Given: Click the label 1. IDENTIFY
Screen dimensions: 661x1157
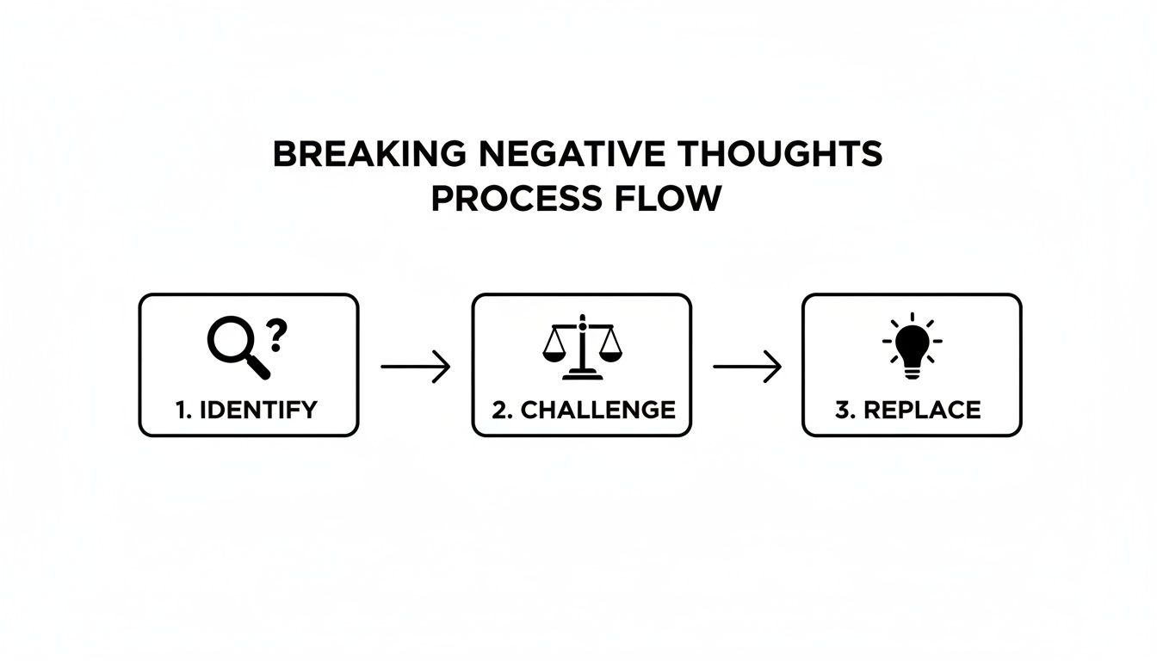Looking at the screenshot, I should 246,410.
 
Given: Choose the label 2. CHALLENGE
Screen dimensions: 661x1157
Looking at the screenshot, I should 583,410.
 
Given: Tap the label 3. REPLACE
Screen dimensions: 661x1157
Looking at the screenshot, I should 908,410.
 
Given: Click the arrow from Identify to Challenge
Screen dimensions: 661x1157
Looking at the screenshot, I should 415,367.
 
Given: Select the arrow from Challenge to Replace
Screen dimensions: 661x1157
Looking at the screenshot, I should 747,367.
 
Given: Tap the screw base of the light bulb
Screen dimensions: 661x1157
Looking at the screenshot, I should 912,370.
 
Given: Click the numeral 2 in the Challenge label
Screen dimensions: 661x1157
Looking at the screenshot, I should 499,410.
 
